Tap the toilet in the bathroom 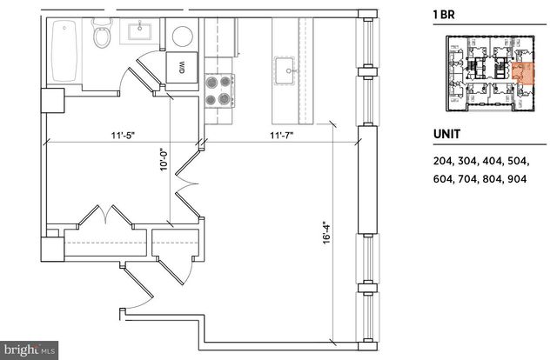[x=102, y=35]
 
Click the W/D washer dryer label [x=183, y=66]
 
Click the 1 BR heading [x=445, y=14]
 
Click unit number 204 [x=443, y=161]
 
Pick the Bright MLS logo [x=30, y=350]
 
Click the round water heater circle [x=183, y=37]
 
